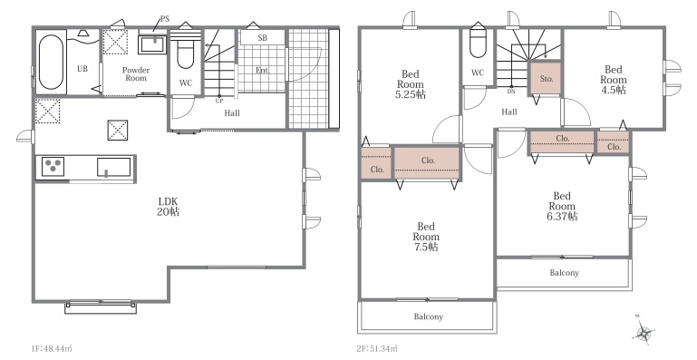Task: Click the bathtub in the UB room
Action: click(x=50, y=62)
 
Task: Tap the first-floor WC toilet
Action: click(x=186, y=50)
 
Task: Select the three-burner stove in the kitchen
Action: click(x=53, y=168)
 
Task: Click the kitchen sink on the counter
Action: click(x=114, y=168)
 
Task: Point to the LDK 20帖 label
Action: click(x=168, y=207)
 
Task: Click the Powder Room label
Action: click(x=136, y=73)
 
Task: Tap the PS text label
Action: click(x=164, y=20)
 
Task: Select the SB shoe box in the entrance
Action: click(x=262, y=37)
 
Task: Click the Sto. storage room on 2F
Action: click(x=546, y=78)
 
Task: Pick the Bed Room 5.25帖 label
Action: click(x=411, y=84)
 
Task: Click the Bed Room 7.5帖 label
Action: click(x=426, y=237)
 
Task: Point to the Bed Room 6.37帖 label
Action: click(x=562, y=207)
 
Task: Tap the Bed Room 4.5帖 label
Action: click(x=614, y=80)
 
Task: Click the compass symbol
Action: click(x=644, y=332)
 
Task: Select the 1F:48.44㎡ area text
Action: click(x=52, y=348)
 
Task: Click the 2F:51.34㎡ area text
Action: click(x=378, y=348)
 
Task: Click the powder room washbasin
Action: click(x=152, y=44)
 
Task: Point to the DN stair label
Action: click(x=511, y=92)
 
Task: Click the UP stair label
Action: click(x=219, y=101)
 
